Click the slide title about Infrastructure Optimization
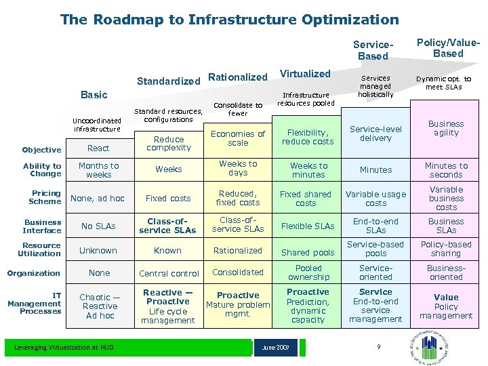pos(229,20)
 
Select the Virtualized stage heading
pos(305,73)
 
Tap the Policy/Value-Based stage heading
pos(448,48)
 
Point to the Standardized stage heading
pos(169,81)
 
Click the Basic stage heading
pos(94,95)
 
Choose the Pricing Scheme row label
pos(45,197)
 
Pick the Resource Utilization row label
pos(41,249)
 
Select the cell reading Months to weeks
pos(98,170)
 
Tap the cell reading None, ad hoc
pos(98,199)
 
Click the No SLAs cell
pos(98,226)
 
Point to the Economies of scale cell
pos(238,138)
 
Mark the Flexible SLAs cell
pos(308,226)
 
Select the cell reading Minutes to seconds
pos(446,170)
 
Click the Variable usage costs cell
pos(375,199)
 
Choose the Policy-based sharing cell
pos(446,249)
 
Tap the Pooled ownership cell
pos(308,272)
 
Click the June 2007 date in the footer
pos(277,348)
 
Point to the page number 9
pos(379,347)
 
